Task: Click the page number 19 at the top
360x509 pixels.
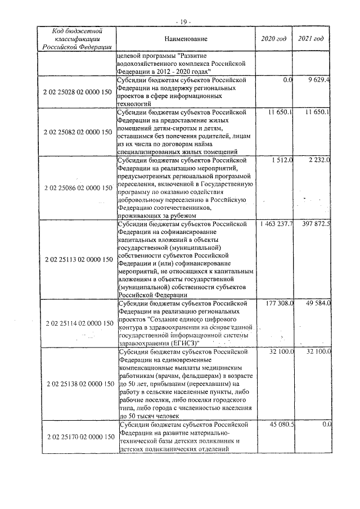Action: [183, 21]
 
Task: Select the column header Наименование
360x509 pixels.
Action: [186, 39]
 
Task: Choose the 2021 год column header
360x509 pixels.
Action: [311, 39]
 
